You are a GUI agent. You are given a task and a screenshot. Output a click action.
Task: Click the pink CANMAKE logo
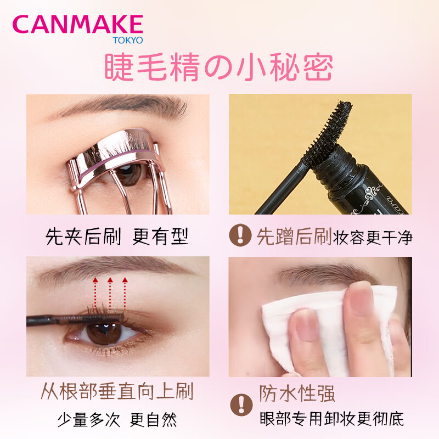[77, 24]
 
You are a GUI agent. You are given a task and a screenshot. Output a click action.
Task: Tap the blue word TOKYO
[128, 40]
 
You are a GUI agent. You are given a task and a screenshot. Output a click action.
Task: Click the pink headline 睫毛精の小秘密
[218, 67]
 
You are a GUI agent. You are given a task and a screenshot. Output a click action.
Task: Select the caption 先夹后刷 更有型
[117, 237]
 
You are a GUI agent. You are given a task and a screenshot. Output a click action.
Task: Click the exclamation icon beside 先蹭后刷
[240, 235]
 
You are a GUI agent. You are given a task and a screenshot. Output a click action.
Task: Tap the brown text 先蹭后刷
[294, 237]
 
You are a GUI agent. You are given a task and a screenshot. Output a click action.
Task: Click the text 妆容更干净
[373, 238]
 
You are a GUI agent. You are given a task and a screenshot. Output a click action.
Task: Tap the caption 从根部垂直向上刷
[117, 391]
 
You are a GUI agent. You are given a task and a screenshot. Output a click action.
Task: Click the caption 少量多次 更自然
[117, 420]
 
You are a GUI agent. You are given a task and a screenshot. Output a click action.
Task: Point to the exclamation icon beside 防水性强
[241, 405]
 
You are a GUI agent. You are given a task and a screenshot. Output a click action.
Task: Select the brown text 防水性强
[297, 393]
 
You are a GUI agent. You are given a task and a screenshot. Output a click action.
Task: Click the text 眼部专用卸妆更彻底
[332, 419]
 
